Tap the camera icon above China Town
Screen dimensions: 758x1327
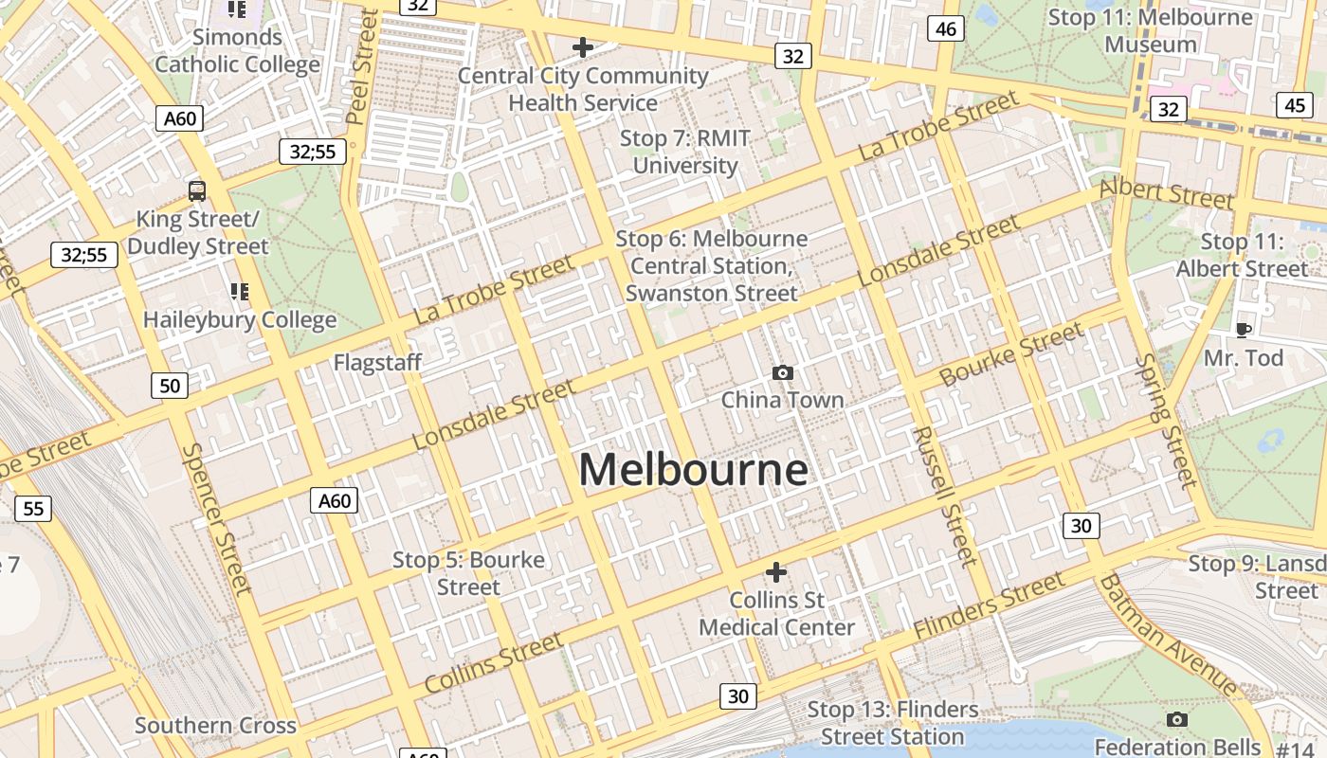(782, 372)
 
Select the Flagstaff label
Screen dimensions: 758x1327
(377, 362)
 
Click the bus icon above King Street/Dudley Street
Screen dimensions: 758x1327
(197, 190)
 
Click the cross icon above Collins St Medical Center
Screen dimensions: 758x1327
(776, 572)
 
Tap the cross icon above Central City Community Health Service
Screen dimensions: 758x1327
(583, 46)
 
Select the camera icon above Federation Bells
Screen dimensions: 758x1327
(1177, 719)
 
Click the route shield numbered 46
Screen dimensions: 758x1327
(945, 28)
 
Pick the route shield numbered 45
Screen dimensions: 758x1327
(1295, 104)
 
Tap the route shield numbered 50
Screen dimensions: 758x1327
(170, 385)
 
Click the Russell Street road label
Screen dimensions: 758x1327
(944, 495)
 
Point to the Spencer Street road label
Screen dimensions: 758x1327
(217, 518)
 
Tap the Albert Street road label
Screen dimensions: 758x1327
(1166, 193)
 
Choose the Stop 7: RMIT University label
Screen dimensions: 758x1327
(684, 152)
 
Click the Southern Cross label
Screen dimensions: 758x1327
(215, 726)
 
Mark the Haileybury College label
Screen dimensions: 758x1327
(240, 319)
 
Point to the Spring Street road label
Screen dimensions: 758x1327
(1166, 419)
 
